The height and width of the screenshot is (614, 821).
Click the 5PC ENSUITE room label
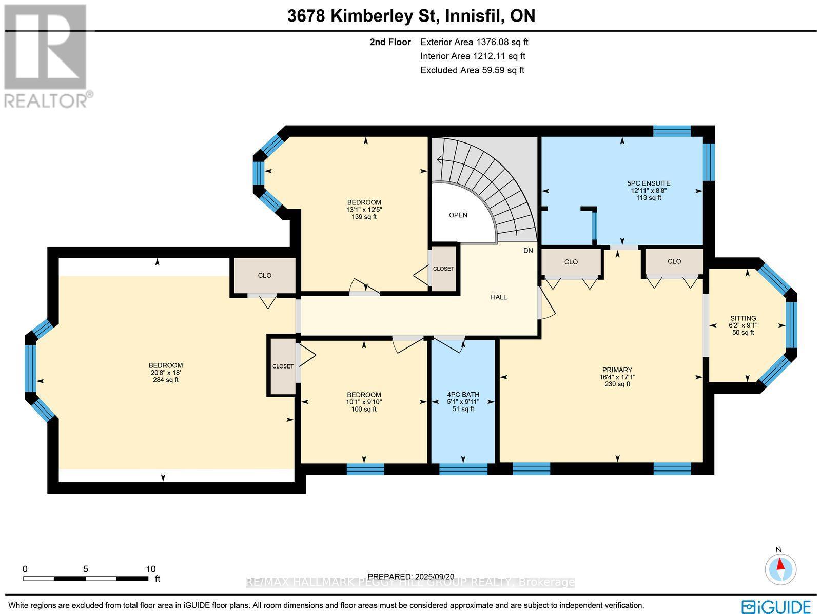click(x=649, y=183)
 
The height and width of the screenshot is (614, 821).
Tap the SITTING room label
click(x=742, y=318)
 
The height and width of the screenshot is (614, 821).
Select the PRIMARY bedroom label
click(x=617, y=370)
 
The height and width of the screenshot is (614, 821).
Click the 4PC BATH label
click(x=463, y=395)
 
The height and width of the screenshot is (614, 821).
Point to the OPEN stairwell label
click(x=458, y=215)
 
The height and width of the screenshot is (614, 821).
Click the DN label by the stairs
click(x=528, y=251)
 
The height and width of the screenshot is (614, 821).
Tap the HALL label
click(x=498, y=297)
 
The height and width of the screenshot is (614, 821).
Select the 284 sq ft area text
click(x=165, y=380)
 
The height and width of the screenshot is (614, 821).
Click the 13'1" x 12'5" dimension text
click(x=364, y=210)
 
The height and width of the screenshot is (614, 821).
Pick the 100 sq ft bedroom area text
click(x=364, y=409)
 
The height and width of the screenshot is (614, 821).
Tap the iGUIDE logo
click(x=778, y=606)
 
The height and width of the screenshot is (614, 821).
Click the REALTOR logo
click(x=47, y=56)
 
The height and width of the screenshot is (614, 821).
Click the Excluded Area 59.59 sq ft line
click(x=472, y=71)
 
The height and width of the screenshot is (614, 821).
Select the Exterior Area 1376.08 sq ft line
click(x=474, y=43)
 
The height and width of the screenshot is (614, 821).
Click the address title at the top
click(x=411, y=16)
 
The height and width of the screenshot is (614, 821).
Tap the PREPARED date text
click(x=411, y=577)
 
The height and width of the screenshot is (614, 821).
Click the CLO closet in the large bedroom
click(x=264, y=276)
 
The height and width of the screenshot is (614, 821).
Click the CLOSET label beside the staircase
click(x=443, y=269)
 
